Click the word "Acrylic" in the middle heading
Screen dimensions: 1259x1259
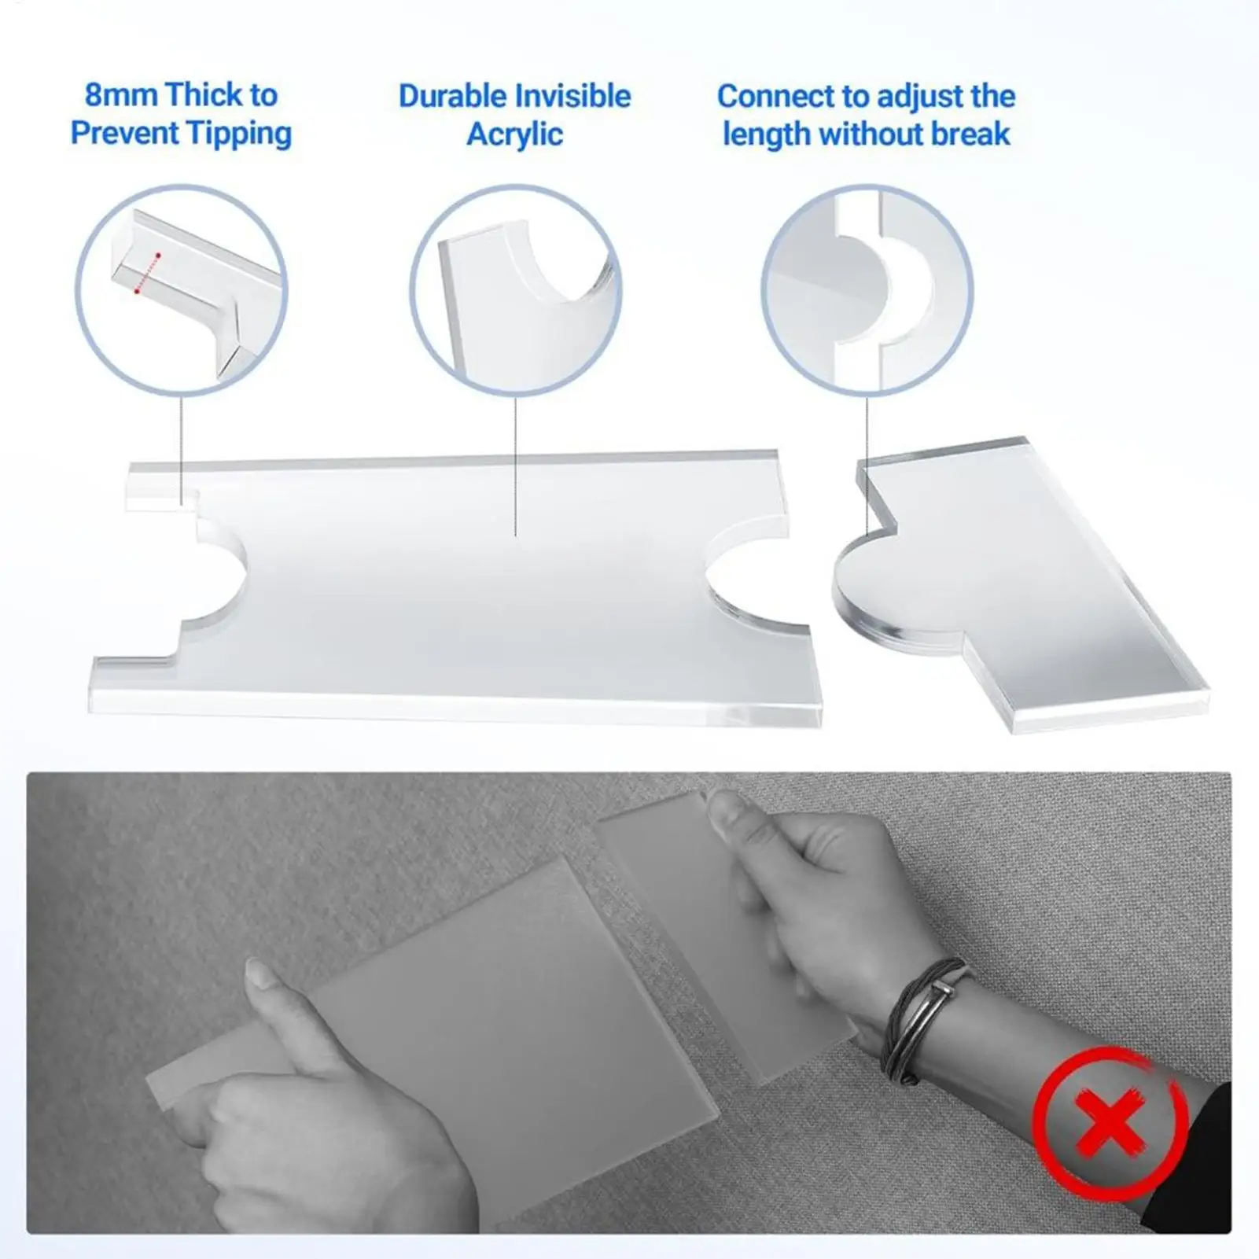coord(515,134)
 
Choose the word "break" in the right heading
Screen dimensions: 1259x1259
coord(970,134)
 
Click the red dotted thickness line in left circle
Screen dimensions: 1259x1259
coord(148,273)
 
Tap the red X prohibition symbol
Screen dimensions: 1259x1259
coord(1109,1119)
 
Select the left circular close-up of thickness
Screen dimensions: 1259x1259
coord(182,290)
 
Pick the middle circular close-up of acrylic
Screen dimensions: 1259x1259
coord(515,290)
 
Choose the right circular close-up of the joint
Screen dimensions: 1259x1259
coord(867,290)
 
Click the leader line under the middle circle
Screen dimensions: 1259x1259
coord(515,464)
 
